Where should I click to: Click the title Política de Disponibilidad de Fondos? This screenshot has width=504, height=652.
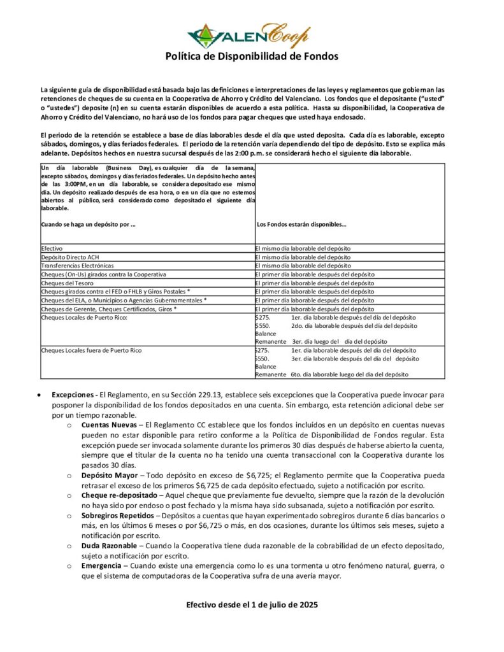pos(252,57)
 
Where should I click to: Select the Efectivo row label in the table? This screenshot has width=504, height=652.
pos(52,248)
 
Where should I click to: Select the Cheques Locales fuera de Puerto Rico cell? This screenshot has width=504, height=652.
pos(91,350)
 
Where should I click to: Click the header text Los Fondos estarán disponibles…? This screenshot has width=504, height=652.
pos(301,224)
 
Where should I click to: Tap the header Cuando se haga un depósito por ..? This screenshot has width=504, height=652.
pos(88,224)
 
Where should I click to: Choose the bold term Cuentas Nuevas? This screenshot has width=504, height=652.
pos(110,424)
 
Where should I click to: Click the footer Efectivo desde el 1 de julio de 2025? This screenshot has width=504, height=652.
pos(252,604)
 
